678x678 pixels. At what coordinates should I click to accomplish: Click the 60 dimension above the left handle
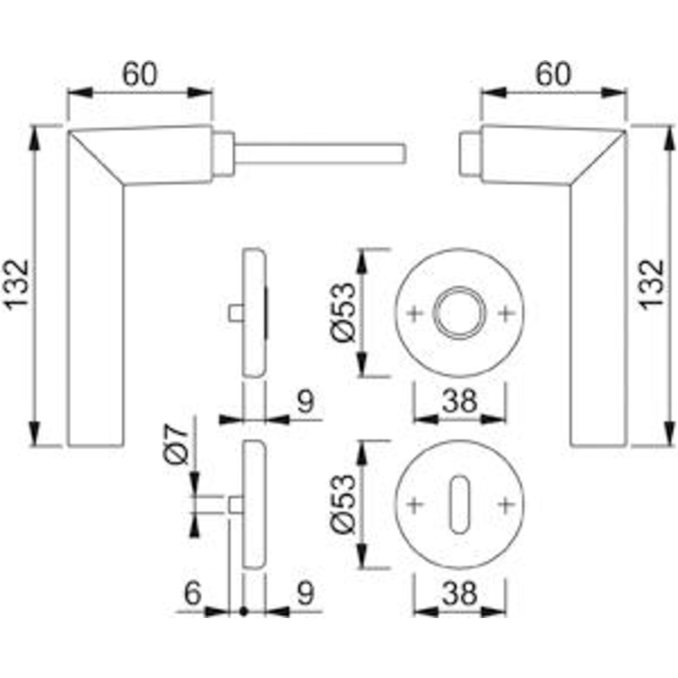(140, 75)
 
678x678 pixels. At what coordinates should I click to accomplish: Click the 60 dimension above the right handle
(553, 75)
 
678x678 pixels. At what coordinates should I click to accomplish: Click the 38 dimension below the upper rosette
(460, 401)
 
